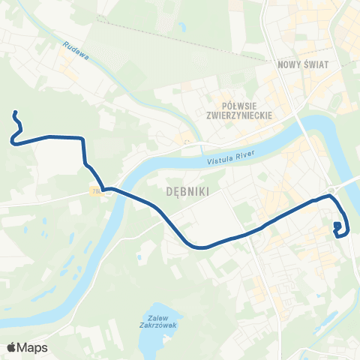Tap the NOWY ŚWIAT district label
(x=299, y=64)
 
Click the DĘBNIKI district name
(x=184, y=191)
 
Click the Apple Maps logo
(x=27, y=348)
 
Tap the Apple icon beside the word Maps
(x=11, y=347)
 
